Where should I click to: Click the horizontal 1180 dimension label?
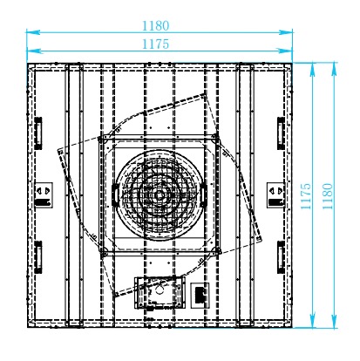155,25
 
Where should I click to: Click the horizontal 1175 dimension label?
155,44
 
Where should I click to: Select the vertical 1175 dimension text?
306,196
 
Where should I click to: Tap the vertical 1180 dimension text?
328,196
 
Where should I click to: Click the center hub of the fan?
159,195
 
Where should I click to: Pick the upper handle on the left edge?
38,133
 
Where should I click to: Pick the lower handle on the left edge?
38,257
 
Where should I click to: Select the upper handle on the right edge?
281,133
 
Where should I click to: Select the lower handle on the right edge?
281,257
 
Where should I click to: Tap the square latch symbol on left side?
44,195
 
